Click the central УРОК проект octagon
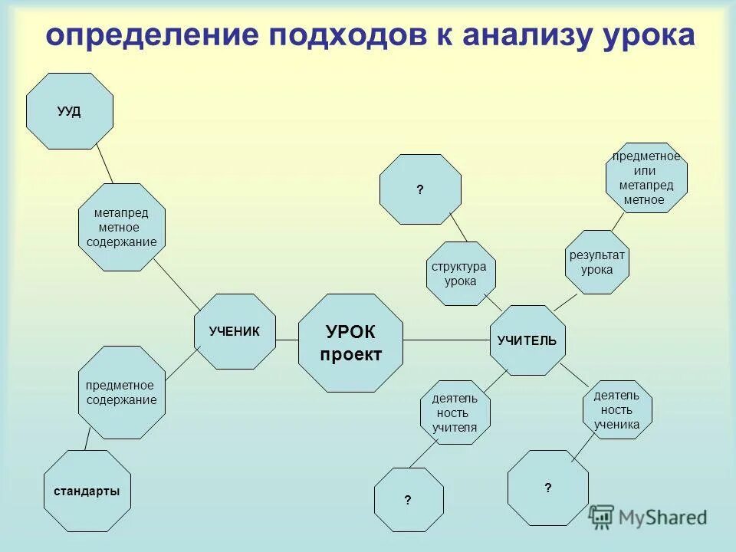350,343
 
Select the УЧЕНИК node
235,331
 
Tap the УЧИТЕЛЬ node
527,340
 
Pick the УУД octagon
70,111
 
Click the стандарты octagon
87,491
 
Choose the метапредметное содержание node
122,227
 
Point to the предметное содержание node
121,392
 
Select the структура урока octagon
460,274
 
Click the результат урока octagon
597,262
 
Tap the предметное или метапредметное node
646,178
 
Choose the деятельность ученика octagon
621,409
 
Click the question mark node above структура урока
420,189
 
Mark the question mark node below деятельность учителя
409,500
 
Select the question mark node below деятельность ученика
548,488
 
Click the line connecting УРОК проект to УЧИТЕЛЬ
446,340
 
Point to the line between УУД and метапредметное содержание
103,165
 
